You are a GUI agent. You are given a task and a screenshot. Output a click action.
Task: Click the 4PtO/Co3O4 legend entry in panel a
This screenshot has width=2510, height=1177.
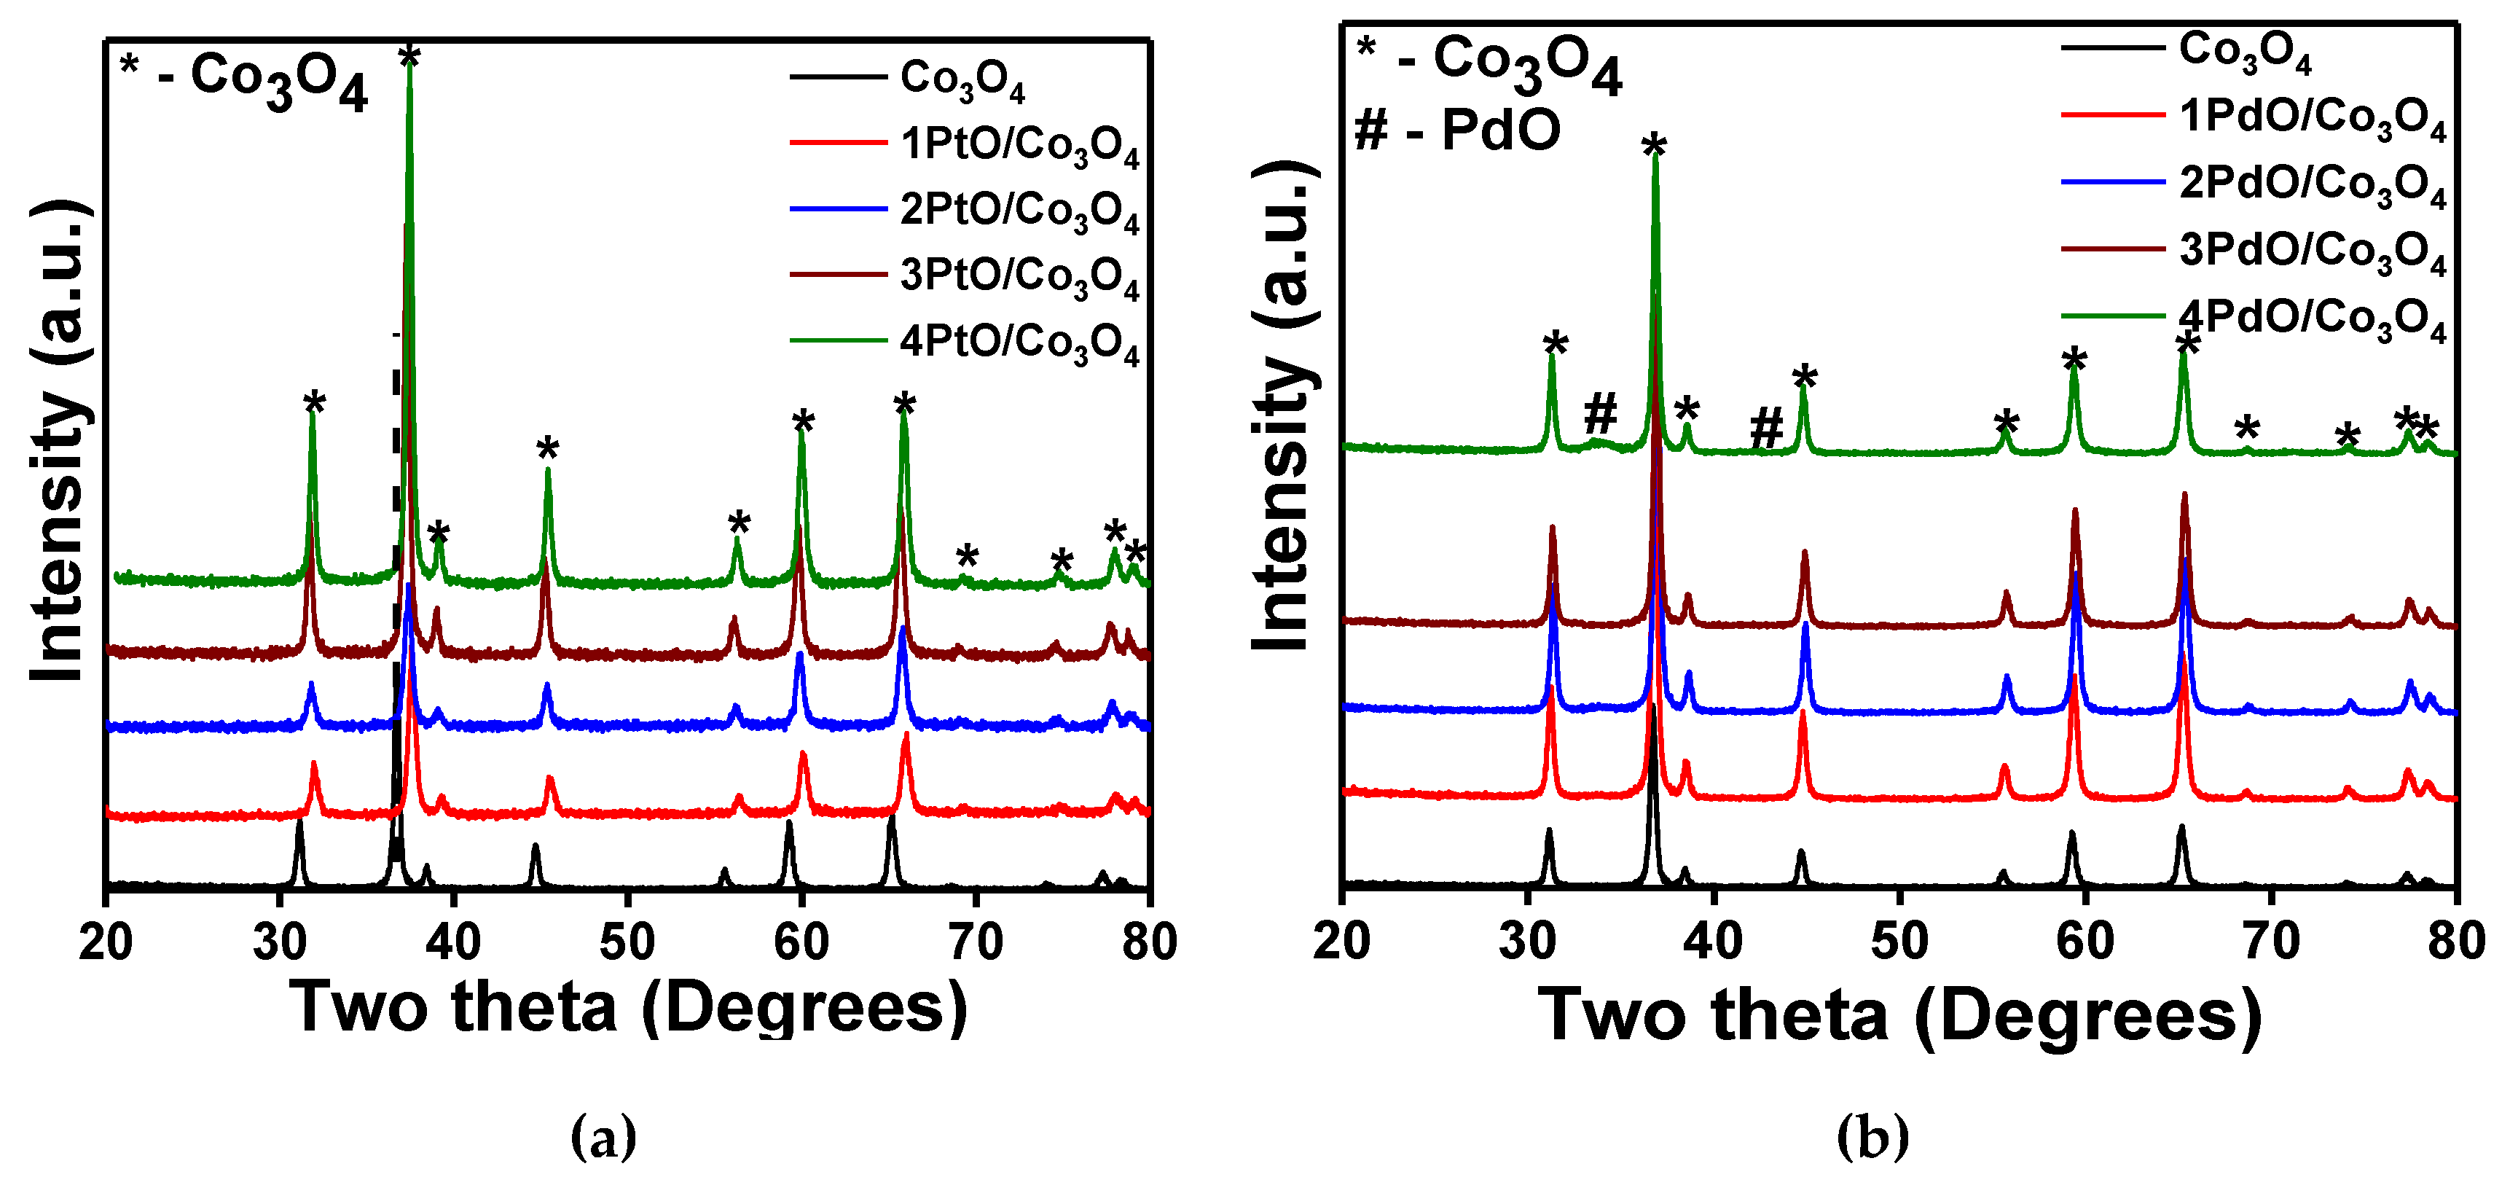(x=1019, y=343)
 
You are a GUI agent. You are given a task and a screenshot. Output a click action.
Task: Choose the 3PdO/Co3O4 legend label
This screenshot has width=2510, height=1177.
(x=2311, y=251)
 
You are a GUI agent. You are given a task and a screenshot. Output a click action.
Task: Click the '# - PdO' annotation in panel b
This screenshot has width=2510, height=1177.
(x=1456, y=130)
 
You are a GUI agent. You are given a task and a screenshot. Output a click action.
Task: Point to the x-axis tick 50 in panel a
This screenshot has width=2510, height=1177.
(x=627, y=941)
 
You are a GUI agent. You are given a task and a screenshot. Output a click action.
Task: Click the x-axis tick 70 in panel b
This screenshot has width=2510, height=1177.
(x=2270, y=941)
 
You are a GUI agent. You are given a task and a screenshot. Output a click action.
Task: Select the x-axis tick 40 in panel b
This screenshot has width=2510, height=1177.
(x=1713, y=941)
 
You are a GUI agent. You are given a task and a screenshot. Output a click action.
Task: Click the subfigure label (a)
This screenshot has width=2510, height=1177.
(x=603, y=1136)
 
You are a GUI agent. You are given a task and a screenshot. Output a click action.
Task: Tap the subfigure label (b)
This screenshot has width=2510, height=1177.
(x=1872, y=1136)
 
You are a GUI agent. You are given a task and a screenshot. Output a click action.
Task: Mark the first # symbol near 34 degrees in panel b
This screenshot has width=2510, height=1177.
(x=1600, y=413)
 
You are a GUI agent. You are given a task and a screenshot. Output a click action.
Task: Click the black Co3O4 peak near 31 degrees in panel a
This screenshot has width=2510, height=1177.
(x=299, y=848)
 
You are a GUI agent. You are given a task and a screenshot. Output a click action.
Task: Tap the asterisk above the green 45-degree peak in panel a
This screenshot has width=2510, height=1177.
(x=548, y=451)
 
